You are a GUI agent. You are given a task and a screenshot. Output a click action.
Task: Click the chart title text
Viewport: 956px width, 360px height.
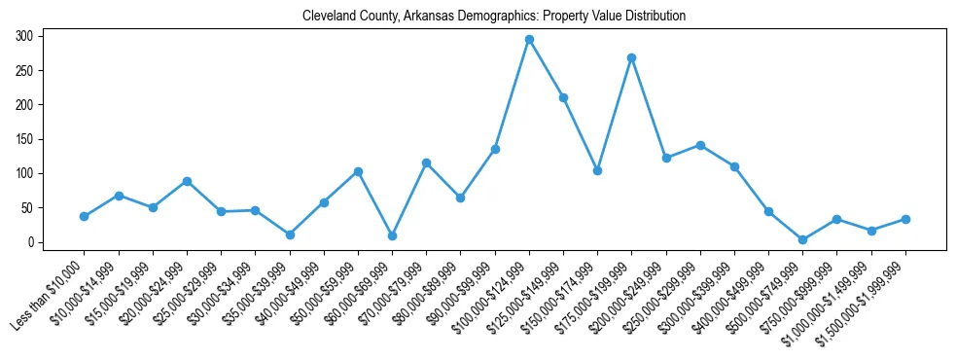pos(494,16)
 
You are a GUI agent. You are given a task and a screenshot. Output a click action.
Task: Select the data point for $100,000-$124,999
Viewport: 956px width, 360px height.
pos(529,39)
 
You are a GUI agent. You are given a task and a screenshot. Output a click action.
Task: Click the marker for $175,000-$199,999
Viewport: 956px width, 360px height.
pos(632,57)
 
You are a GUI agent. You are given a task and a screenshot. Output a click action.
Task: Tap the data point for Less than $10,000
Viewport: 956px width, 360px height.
pos(85,216)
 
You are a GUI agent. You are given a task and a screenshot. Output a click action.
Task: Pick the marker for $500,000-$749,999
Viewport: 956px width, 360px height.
pos(802,239)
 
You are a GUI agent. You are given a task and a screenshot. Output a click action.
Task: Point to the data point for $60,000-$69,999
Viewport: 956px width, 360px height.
pos(392,235)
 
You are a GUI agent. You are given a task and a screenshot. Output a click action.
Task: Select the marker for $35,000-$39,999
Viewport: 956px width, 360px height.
pos(290,234)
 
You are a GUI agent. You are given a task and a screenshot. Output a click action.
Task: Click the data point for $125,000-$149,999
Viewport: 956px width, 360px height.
pos(563,97)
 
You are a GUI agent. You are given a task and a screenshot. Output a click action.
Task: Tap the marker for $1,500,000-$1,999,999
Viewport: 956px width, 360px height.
pos(905,219)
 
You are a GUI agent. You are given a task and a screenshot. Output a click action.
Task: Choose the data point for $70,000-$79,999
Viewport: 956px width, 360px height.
pos(426,162)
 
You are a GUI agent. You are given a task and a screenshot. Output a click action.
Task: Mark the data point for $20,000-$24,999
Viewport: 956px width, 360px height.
pos(187,181)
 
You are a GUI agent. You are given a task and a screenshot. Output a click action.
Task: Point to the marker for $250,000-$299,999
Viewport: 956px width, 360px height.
pos(700,145)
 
